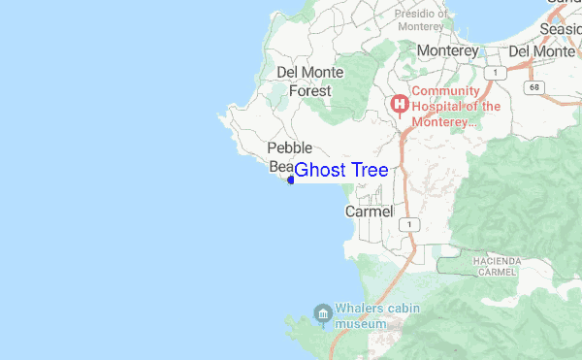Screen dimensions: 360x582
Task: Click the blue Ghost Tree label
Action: tap(340, 171)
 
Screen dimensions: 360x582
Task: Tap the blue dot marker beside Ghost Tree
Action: tap(291, 180)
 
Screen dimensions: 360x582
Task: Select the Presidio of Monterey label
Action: tap(421, 20)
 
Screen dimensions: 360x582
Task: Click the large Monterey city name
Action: tap(447, 50)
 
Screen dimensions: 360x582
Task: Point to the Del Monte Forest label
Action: tap(304, 82)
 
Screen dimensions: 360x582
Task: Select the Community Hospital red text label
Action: tap(456, 107)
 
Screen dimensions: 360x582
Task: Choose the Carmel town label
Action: tap(370, 212)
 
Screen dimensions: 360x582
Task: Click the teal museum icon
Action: tap(323, 311)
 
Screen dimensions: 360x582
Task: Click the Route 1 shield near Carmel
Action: tap(411, 224)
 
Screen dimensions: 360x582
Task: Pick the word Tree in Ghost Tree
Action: tap(370, 171)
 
